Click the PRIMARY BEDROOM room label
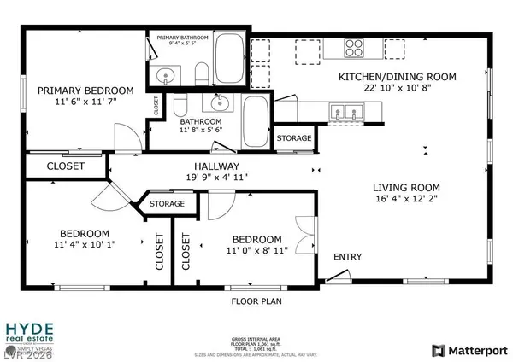click(85, 90)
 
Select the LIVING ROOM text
click(405, 188)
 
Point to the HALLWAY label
click(215, 166)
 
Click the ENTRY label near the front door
click(347, 257)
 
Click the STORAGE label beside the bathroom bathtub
click(294, 138)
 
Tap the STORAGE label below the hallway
click(167, 204)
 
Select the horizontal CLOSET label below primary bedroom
click(65, 166)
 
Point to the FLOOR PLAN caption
click(256, 301)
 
